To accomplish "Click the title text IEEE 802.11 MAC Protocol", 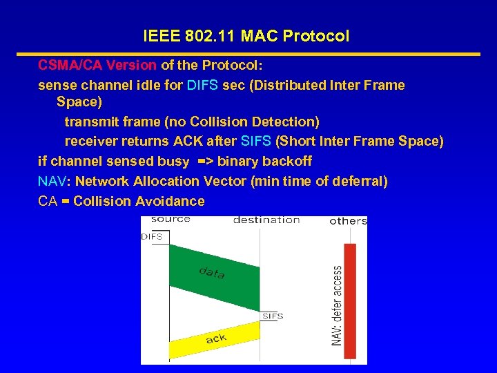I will tap(246, 36).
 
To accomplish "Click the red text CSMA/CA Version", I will tap(97, 65).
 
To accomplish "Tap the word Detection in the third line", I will tap(283, 122).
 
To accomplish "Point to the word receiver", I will tap(89, 141).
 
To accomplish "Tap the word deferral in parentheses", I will tap(358, 181).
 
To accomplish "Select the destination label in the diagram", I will tap(266, 220).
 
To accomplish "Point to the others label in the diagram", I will tap(348, 221).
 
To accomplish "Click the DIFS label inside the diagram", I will tap(152, 236).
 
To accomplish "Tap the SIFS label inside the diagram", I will tap(273, 316).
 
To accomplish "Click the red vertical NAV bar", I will tap(350, 294).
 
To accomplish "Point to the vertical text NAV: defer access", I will tap(337, 305).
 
